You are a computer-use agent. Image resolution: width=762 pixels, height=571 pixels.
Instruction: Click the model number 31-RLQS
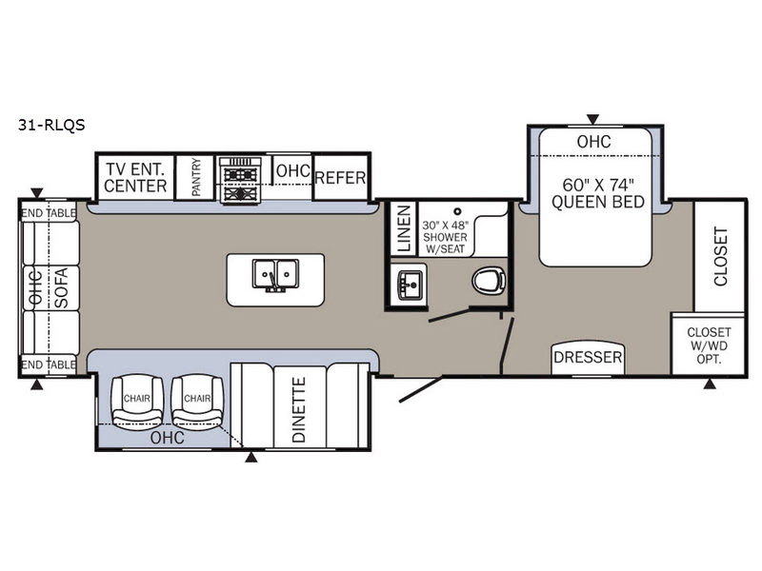(x=51, y=126)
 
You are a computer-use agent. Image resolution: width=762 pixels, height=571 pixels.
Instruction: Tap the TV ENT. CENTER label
(x=135, y=178)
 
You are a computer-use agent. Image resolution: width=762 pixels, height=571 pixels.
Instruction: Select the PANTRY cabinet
(x=194, y=177)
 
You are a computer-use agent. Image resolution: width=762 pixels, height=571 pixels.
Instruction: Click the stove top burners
(x=240, y=180)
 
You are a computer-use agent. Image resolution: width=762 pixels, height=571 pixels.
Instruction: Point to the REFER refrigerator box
(x=340, y=178)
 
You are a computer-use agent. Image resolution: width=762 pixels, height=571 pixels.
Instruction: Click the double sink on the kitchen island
(x=275, y=275)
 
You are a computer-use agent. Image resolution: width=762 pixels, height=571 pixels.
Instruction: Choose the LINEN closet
(x=404, y=228)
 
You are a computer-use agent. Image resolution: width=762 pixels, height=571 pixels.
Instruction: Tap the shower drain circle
(x=457, y=211)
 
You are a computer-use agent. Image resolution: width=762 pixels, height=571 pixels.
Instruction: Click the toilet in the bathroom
(x=489, y=281)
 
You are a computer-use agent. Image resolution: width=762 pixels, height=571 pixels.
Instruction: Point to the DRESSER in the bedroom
(x=588, y=358)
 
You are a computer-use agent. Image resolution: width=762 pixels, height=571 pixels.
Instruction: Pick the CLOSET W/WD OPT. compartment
(x=709, y=345)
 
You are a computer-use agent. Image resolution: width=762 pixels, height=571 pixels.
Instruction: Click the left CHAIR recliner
(x=137, y=400)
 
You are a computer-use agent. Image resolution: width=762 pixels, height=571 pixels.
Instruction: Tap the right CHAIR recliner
(x=197, y=400)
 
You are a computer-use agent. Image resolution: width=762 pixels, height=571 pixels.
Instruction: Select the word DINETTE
(x=299, y=410)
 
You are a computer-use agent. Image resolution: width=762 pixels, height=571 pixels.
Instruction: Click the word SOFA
(x=62, y=287)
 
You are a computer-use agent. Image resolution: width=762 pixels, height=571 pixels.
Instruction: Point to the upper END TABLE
(x=49, y=212)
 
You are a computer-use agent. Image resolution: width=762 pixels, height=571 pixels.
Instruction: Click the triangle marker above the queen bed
(x=592, y=120)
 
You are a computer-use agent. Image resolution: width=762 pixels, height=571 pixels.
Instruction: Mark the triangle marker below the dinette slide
(x=251, y=457)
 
